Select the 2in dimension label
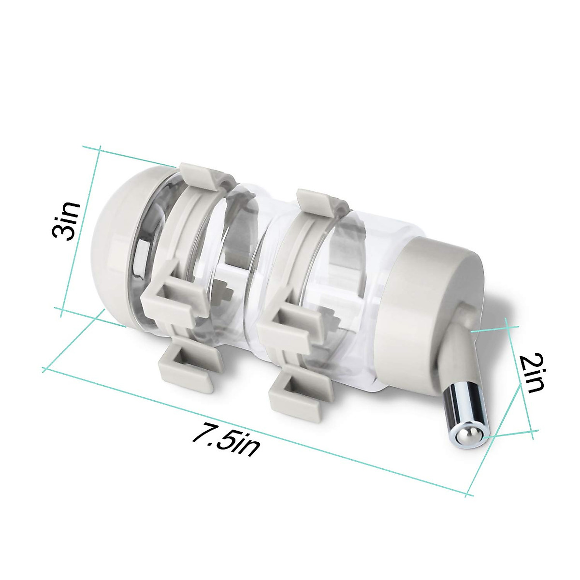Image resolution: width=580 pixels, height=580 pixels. click(532, 373)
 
